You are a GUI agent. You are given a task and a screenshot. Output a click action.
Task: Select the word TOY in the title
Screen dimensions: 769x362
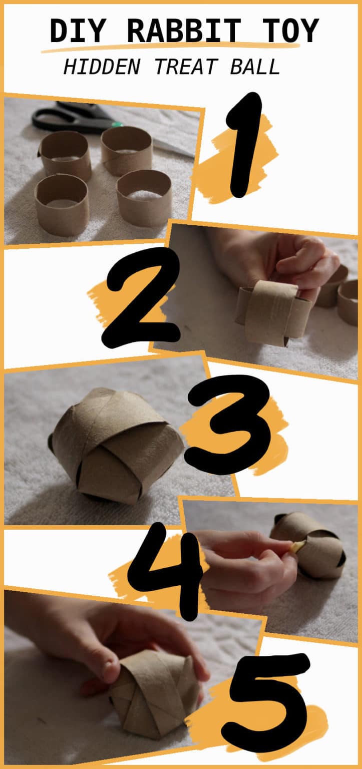click(x=291, y=31)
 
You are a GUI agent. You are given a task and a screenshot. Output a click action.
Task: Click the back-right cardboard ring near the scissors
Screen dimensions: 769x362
click(x=127, y=150)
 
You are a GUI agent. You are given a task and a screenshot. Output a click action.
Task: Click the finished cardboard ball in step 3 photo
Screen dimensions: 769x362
click(x=115, y=445)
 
